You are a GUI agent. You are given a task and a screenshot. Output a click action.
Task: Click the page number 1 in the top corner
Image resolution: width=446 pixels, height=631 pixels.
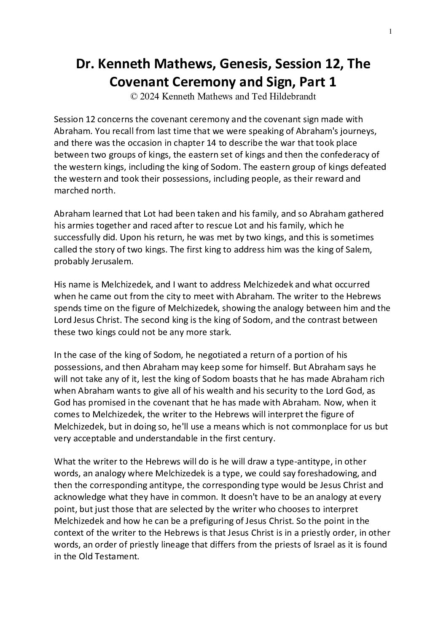coord(391,31)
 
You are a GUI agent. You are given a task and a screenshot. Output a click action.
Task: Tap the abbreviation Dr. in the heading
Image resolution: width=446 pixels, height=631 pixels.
coord(85,65)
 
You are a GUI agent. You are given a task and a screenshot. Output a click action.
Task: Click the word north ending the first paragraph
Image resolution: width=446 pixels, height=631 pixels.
coord(104,191)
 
